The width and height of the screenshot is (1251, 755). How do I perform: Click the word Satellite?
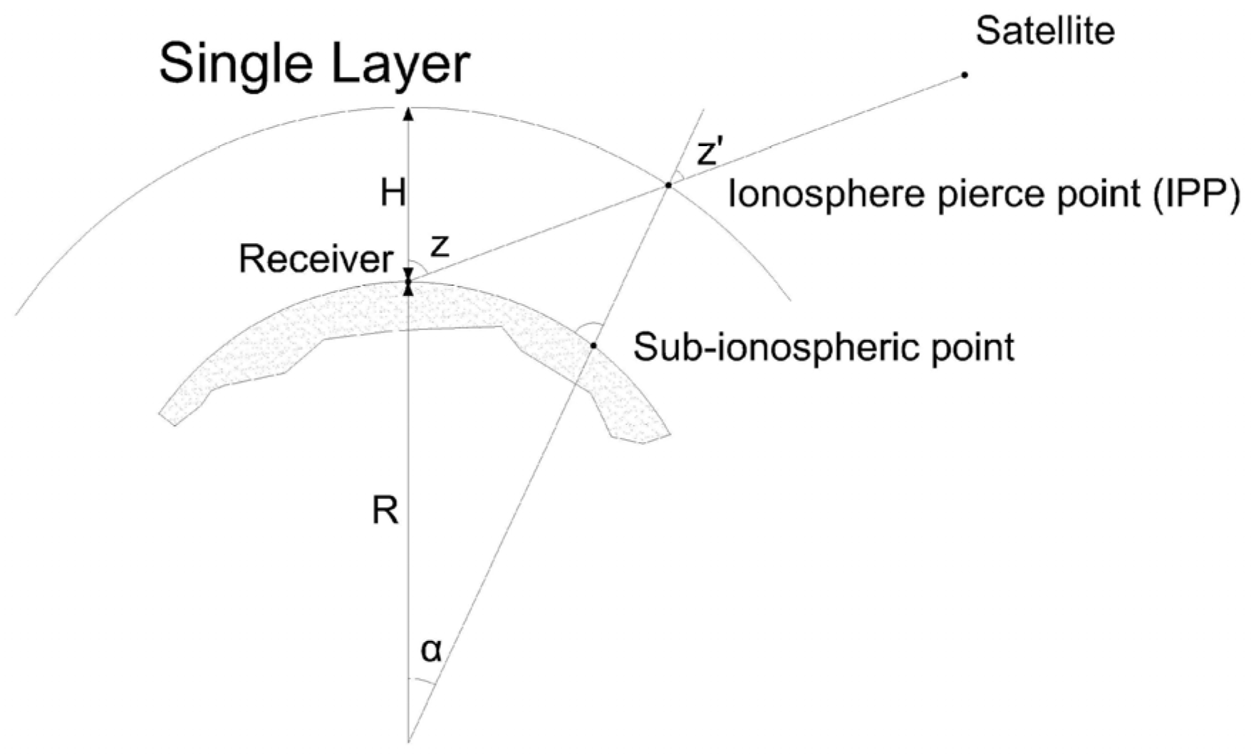(1044, 31)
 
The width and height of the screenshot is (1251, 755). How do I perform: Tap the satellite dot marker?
(965, 75)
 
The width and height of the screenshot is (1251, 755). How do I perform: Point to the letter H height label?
(393, 192)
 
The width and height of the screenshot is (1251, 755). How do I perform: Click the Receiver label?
(316, 259)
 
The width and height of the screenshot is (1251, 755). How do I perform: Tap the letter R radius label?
(385, 510)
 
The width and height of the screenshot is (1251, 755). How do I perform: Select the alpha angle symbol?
(431, 649)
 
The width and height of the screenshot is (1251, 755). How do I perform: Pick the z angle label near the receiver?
(441, 246)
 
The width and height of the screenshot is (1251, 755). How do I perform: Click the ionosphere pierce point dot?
(668, 185)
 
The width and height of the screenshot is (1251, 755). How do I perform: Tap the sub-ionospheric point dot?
(593, 346)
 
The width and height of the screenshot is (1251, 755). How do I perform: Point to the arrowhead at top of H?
(408, 113)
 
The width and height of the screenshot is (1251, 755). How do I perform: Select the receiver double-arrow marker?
(408, 282)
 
